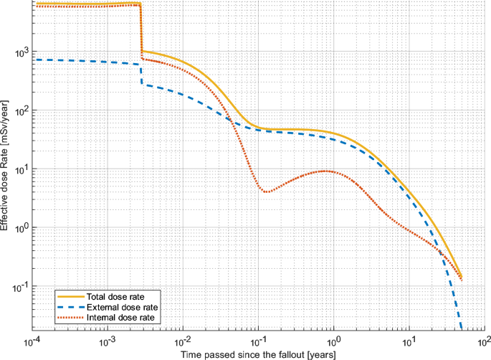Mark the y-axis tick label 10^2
(x=19, y=111)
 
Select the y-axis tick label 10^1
(x=19, y=170)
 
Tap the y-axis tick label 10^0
(x=19, y=228)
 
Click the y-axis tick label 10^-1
(x=18, y=287)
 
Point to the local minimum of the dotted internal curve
(x=267, y=192)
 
